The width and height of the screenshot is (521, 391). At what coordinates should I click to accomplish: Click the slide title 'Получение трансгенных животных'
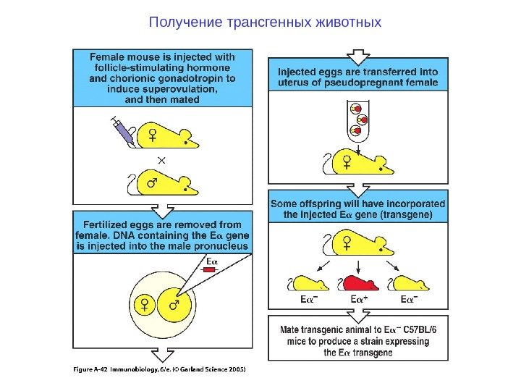[265, 22]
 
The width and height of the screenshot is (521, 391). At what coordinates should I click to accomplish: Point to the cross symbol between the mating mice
[161, 159]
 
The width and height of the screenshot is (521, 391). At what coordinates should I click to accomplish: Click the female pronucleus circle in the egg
[145, 305]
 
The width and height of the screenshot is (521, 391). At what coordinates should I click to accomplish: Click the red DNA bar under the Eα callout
[211, 269]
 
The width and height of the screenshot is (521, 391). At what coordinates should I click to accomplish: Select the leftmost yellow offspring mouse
[308, 283]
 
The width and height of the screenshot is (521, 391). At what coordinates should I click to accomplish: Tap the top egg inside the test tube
[355, 109]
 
